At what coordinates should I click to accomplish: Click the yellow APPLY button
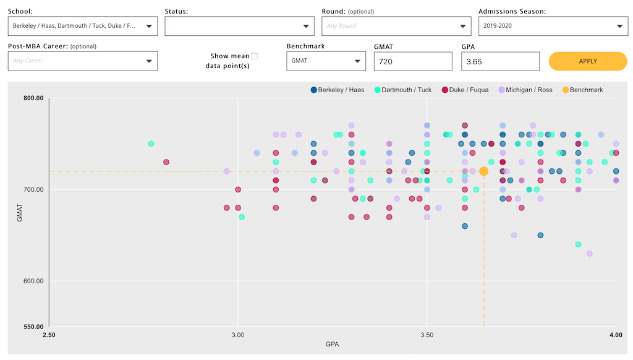[x=588, y=61]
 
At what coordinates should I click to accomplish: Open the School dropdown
[x=83, y=26]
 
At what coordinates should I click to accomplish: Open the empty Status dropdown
[x=240, y=26]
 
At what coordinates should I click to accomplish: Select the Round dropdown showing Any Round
[x=396, y=26]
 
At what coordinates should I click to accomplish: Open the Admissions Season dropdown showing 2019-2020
[x=553, y=26]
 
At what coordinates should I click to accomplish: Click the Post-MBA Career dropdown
[x=83, y=61]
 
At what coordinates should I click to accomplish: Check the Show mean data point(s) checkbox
[x=254, y=56]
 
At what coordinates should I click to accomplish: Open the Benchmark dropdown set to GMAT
[x=326, y=61]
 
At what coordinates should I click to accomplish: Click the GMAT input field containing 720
[x=413, y=61]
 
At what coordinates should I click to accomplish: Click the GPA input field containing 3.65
[x=501, y=61]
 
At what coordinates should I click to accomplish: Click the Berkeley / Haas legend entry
[x=338, y=90]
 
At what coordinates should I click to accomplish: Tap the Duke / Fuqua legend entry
[x=465, y=90]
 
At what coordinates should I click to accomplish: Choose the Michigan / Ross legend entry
[x=528, y=90]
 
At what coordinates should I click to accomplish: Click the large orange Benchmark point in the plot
[x=483, y=171]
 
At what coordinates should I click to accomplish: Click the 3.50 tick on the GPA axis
[x=427, y=335]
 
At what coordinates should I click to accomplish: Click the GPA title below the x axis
[x=332, y=344]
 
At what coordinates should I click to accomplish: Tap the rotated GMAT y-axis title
[x=19, y=212]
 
